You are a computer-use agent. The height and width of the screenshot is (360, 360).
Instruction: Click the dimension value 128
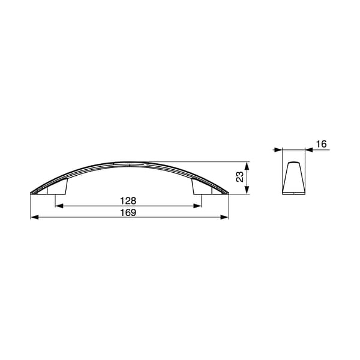click(x=128, y=201)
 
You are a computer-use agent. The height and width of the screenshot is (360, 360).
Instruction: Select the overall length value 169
click(x=128, y=212)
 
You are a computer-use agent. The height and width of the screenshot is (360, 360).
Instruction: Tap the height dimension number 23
click(x=239, y=177)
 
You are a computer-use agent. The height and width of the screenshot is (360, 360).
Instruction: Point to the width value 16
click(x=321, y=144)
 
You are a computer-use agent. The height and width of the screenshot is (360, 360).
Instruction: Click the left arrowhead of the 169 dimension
click(x=34, y=217)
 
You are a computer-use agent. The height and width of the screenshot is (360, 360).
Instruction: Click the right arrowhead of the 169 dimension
click(x=224, y=217)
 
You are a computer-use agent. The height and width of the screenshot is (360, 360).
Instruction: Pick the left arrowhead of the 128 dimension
click(x=59, y=206)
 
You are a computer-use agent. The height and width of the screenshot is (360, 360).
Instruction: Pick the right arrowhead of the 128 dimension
click(x=197, y=206)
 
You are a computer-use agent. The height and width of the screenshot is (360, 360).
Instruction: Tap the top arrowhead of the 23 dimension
click(x=247, y=166)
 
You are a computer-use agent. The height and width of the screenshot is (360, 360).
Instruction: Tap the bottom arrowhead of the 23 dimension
click(x=247, y=190)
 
